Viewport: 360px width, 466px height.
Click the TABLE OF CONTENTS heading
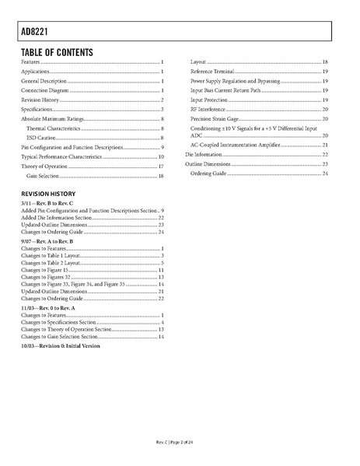(57, 52)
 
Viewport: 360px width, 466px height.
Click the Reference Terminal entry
(212, 71)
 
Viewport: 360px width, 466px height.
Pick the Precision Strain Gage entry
(215, 119)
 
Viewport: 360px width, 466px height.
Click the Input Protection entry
(210, 100)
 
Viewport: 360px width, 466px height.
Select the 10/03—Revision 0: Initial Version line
(61, 345)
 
